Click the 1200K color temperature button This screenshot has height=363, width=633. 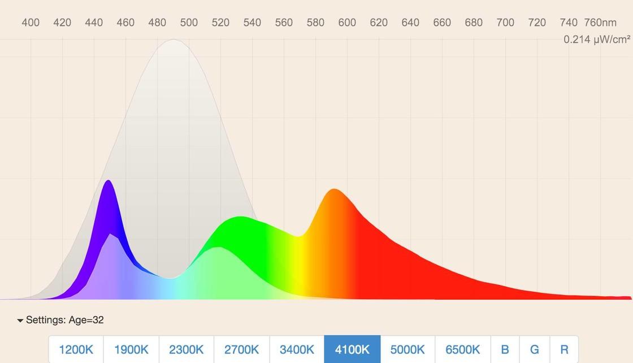click(76, 349)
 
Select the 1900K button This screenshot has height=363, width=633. click(131, 349)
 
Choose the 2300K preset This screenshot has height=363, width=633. click(187, 349)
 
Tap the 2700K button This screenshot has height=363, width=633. click(242, 349)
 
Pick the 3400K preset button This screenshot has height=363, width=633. click(297, 349)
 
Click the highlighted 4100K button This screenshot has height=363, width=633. click(352, 349)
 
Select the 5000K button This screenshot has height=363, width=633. click(407, 349)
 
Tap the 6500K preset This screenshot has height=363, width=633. click(463, 349)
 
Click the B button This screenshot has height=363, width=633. click(505, 349)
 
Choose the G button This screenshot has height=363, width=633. click(535, 349)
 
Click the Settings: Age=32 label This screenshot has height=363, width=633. click(65, 320)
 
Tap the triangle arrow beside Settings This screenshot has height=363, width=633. click(20, 321)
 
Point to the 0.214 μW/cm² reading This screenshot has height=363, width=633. click(597, 40)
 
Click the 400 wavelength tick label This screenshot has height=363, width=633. click(31, 23)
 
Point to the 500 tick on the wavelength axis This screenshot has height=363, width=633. click(189, 23)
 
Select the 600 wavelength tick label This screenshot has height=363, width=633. click(347, 23)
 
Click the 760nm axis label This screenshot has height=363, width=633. click(600, 23)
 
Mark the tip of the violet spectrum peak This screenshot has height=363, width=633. click(108, 181)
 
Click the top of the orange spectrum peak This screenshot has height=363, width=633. click(335, 189)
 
